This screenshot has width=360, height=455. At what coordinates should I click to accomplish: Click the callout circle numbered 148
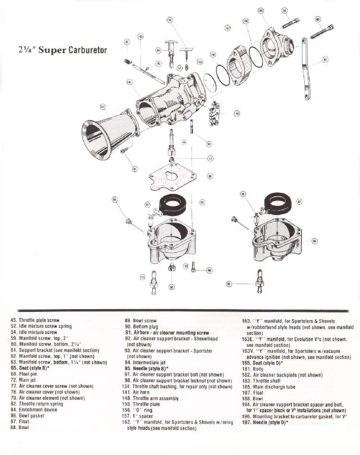click(237, 113)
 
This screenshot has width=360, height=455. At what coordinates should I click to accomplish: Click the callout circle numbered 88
click(315, 241)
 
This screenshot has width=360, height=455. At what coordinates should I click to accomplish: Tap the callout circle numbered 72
click(210, 158)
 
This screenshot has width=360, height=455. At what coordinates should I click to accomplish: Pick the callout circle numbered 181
click(129, 82)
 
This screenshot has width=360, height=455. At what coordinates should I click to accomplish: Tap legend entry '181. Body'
click(255, 369)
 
